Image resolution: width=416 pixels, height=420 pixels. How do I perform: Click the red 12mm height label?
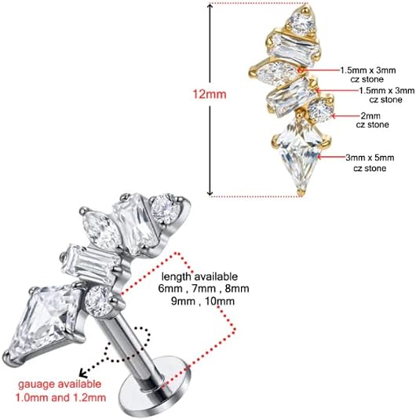click(210, 94)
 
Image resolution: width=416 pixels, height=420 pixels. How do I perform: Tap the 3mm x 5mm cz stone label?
click(370, 163)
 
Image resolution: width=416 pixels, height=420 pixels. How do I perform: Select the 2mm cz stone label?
click(372, 120)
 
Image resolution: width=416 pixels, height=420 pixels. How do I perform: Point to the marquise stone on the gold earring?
click(276, 71)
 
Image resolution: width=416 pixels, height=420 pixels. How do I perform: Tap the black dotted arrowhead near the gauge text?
click(83, 373)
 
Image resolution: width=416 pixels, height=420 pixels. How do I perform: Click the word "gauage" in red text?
click(34, 385)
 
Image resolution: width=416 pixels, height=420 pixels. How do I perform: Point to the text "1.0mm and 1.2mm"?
click(60, 397)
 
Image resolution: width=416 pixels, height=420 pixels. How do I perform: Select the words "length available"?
click(199, 276)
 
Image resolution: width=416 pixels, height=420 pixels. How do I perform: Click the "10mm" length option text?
click(221, 301)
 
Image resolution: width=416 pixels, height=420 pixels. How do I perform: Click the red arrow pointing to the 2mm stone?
click(345, 116)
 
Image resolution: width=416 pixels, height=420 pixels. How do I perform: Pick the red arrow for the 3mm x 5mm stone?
click(331, 157)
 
